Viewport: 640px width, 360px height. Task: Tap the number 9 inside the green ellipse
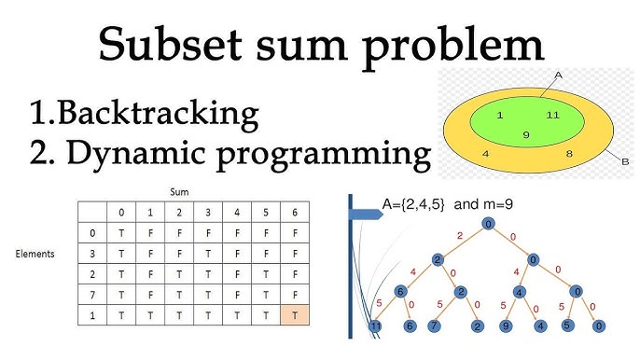[x=526, y=135]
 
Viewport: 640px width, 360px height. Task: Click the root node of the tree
[x=486, y=224]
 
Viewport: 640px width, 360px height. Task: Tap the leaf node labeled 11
[x=375, y=326]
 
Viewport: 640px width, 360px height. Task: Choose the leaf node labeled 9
[x=504, y=326]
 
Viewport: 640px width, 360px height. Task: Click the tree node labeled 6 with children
[x=399, y=292]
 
